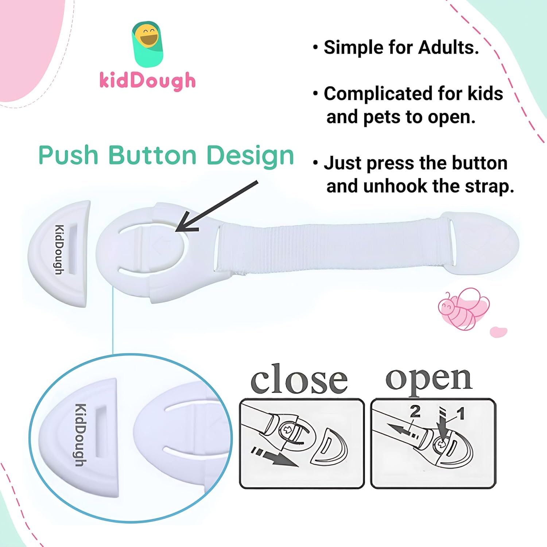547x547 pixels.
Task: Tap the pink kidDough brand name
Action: coord(147,81)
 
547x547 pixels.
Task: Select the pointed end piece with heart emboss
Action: coord(485,243)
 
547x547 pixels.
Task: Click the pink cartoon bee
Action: coord(463,308)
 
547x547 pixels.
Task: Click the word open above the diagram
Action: coord(429,379)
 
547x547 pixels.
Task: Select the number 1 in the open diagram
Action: coord(461,414)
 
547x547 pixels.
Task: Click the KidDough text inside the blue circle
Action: coord(81,434)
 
